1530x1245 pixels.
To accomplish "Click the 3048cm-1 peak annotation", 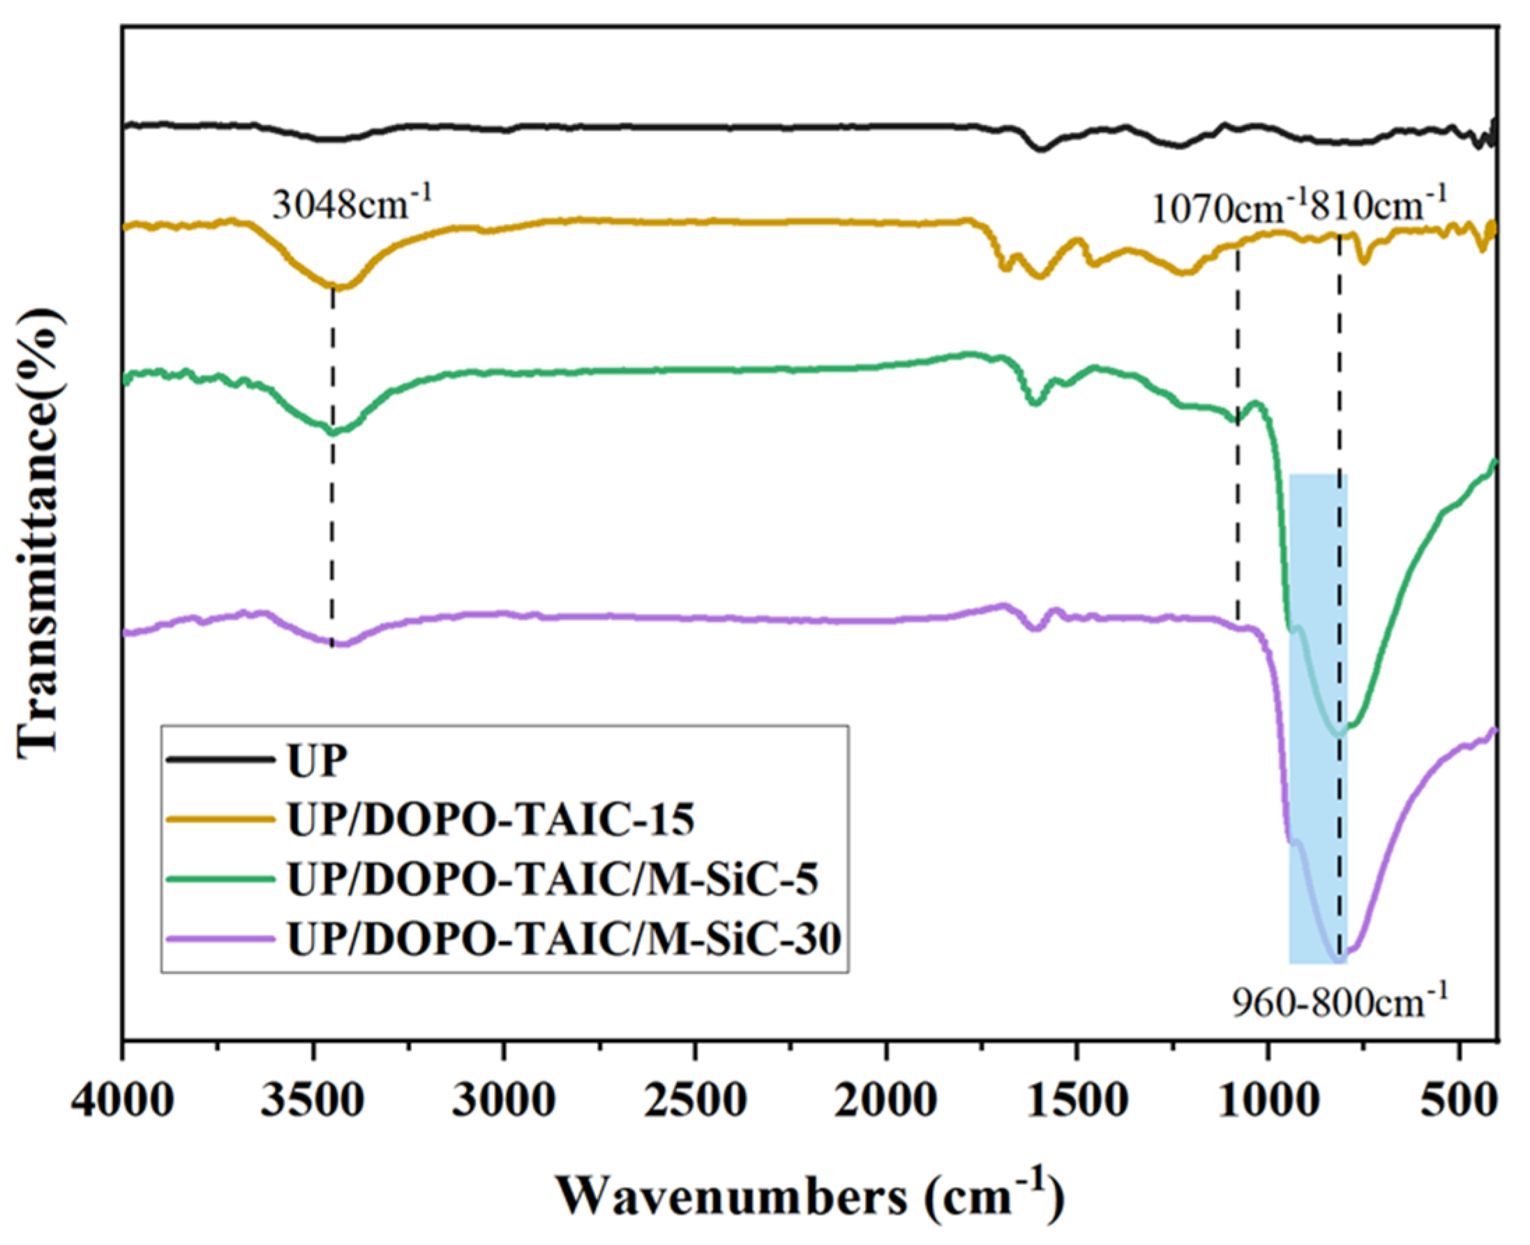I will [x=352, y=205].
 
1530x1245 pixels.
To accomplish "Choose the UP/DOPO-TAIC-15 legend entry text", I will [x=490, y=821].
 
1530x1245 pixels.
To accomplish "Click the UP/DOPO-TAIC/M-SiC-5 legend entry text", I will [x=552, y=880].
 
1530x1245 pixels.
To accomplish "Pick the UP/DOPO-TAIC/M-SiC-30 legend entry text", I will [x=564, y=939].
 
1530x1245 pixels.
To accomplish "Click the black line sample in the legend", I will [x=219, y=759].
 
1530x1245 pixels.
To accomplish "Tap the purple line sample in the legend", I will [x=219, y=938].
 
